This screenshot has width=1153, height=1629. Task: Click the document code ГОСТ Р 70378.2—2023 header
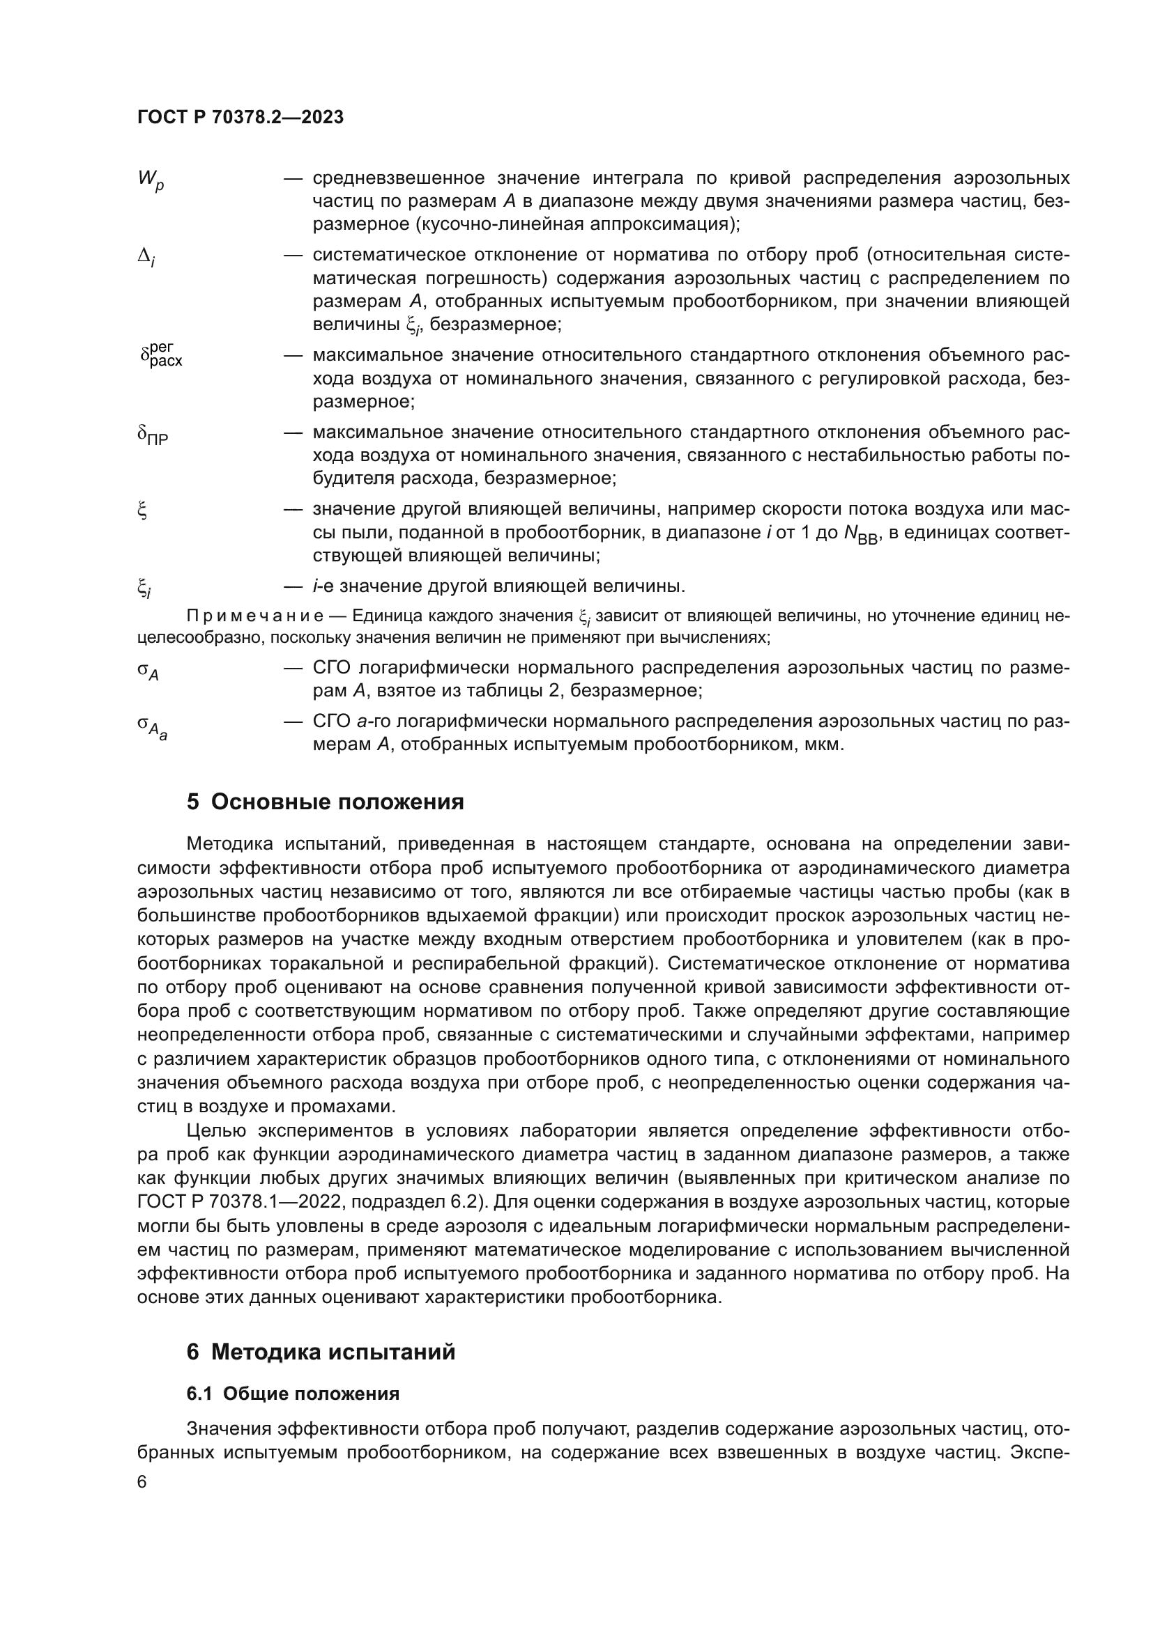pyautogui.click(x=240, y=117)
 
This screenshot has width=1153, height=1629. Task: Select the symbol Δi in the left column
pyautogui.click(x=146, y=258)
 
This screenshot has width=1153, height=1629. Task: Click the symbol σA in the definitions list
pyautogui.click(x=148, y=671)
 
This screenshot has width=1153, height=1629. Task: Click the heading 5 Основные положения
pyautogui.click(x=325, y=802)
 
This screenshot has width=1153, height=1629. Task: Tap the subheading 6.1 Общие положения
pyautogui.click(x=293, y=1394)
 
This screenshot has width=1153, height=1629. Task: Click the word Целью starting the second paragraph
pyautogui.click(x=215, y=1131)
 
